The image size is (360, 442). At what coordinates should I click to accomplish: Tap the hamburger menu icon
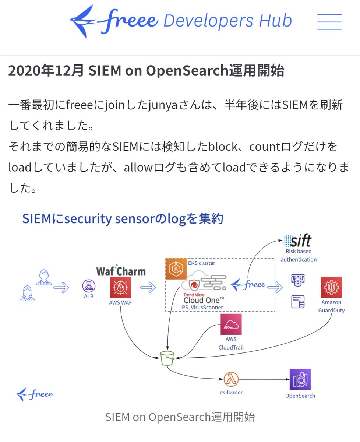tap(329, 22)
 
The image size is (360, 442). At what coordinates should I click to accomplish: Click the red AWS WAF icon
tap(120, 288)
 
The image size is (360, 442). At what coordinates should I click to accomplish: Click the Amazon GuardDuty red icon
tap(331, 287)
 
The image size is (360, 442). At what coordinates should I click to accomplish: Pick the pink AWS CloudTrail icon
tap(231, 324)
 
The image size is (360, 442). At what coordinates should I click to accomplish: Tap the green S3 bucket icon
tap(167, 358)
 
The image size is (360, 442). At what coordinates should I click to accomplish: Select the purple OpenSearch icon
tap(300, 379)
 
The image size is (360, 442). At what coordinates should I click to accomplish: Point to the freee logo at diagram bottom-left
tap(35, 394)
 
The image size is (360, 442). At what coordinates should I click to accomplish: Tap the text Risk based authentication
tap(299, 255)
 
